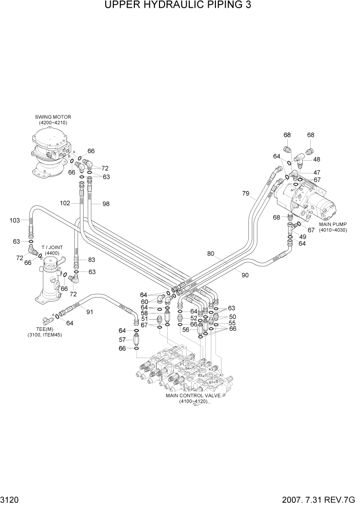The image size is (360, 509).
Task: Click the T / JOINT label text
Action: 52,250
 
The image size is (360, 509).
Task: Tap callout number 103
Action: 15,220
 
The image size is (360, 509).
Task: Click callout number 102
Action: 65,203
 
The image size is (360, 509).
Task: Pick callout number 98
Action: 106,204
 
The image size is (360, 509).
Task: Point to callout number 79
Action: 246,193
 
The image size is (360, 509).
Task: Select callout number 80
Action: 211,253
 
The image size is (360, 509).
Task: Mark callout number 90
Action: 245,275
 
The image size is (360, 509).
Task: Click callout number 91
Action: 90,312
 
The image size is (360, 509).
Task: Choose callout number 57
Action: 123,340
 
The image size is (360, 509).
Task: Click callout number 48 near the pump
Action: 317,160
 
